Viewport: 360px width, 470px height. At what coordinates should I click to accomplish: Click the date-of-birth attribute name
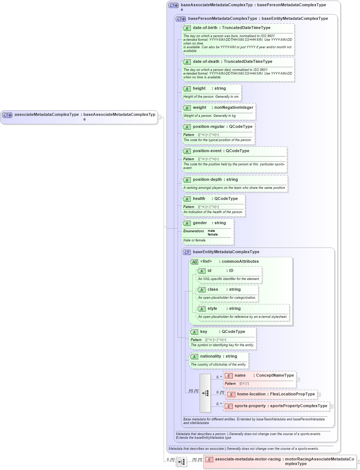(x=205, y=28)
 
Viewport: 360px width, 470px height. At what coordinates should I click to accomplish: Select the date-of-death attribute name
(x=206, y=62)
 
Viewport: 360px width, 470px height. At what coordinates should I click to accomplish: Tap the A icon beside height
(x=187, y=89)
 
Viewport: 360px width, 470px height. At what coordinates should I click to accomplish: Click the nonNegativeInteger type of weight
(x=234, y=108)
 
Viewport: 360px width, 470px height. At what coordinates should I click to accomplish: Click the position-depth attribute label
(x=207, y=180)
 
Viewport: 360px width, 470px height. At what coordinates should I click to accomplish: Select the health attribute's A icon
(x=187, y=199)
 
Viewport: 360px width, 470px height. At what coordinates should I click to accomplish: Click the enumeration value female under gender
(x=213, y=234)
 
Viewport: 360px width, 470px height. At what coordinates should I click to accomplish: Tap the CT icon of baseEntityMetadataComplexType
(x=187, y=252)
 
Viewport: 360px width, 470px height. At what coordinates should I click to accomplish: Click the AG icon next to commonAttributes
(x=194, y=262)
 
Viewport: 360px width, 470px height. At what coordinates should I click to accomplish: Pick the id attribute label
(x=209, y=271)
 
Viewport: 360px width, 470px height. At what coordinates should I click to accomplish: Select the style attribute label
(x=212, y=309)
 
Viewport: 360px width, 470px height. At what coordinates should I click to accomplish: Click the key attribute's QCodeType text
(x=233, y=332)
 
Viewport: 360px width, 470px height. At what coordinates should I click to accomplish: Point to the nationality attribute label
(x=210, y=356)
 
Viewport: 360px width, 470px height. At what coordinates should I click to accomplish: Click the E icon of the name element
(x=228, y=376)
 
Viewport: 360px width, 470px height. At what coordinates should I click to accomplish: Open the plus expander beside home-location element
(x=319, y=395)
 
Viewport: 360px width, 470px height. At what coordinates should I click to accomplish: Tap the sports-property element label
(x=250, y=406)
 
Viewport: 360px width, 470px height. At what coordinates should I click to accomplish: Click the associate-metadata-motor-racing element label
(x=247, y=459)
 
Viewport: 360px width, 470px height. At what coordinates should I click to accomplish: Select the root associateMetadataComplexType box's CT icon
(x=7, y=115)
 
